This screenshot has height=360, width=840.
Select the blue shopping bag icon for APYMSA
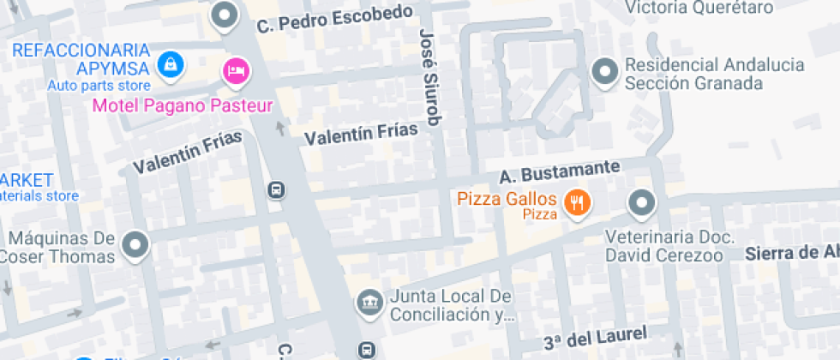tap(171, 63)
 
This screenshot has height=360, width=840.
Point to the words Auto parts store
tap(99, 85)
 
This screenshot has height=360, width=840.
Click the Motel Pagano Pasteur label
tap(182, 106)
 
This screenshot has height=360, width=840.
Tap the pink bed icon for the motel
tap(236, 70)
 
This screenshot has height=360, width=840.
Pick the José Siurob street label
tap(429, 76)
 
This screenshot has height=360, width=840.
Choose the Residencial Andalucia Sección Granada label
tap(715, 75)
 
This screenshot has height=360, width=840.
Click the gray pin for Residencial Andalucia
tap(605, 72)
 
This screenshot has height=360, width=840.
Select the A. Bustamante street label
tap(558, 174)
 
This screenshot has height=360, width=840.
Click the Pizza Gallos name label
tap(507, 199)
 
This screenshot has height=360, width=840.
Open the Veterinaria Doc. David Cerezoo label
tap(669, 246)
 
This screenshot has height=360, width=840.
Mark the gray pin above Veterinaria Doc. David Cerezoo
tap(642, 204)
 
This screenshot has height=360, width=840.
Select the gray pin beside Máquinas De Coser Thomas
tap(135, 244)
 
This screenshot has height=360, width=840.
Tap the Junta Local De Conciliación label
tap(451, 305)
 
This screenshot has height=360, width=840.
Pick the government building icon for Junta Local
tap(369, 302)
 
